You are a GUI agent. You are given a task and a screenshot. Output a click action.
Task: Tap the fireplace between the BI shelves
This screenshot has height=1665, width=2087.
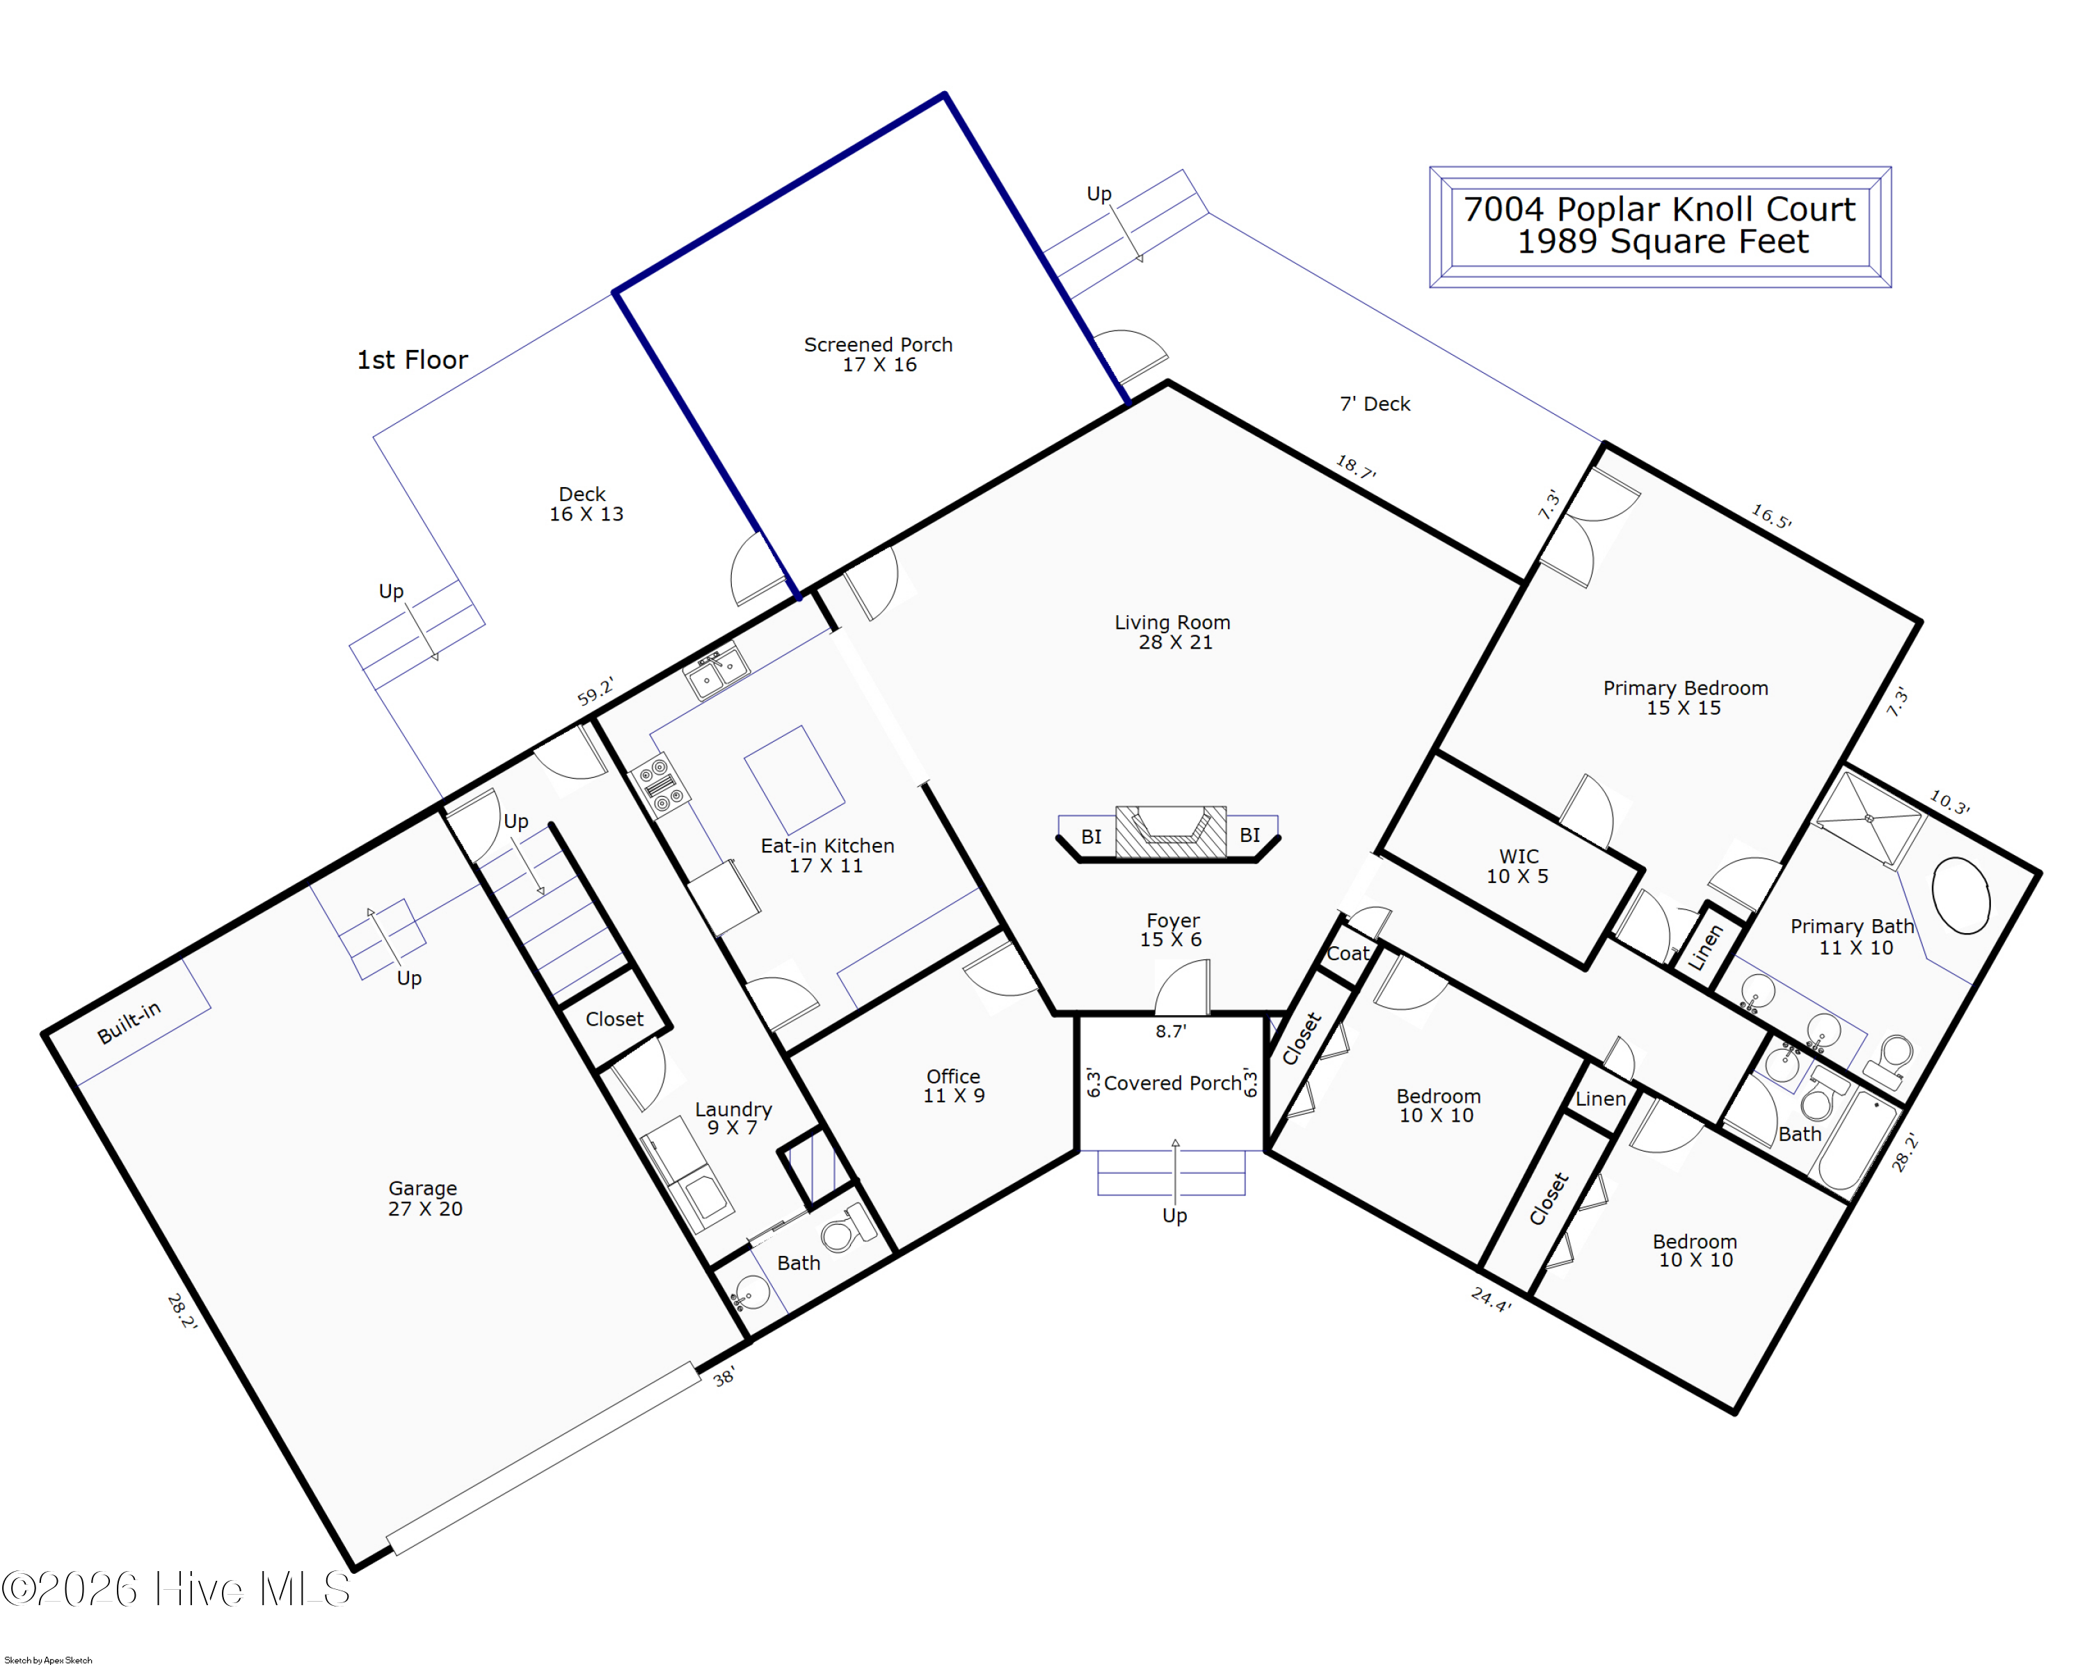(1172, 831)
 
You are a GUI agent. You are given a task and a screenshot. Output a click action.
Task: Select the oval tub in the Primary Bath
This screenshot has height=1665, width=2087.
(1961, 895)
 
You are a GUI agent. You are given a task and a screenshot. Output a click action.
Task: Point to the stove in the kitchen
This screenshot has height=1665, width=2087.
(660, 784)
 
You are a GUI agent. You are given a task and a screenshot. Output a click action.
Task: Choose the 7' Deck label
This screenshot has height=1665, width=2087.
(1375, 404)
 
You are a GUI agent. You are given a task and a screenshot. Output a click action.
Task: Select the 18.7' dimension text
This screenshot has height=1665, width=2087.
(1355, 468)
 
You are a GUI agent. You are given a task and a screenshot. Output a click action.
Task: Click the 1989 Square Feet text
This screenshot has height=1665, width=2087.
(1662, 241)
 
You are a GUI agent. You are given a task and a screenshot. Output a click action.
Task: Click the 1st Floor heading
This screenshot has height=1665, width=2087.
(413, 360)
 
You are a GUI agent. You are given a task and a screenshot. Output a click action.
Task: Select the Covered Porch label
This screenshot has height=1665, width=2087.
(1172, 1083)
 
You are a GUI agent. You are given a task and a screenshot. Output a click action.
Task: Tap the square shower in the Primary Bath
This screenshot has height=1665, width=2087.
(1869, 819)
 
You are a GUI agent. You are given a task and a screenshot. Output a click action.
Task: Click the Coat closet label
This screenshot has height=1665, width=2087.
(1348, 953)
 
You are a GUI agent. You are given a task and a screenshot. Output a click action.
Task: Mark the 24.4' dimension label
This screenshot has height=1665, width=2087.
(1491, 1299)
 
